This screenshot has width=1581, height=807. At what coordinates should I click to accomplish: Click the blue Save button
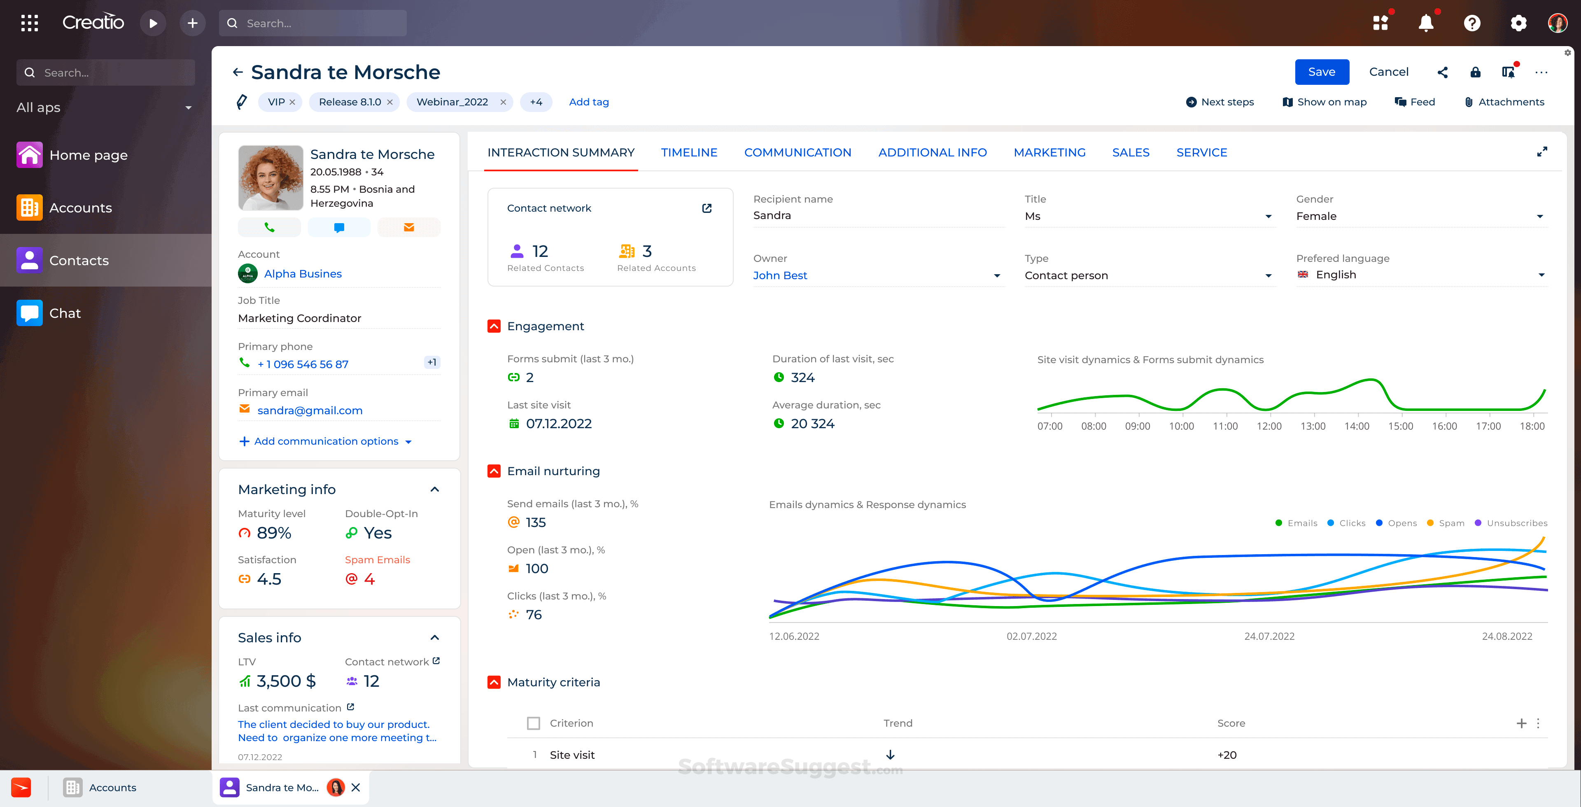coord(1321,72)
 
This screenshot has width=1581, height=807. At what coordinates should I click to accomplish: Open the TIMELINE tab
coord(689,152)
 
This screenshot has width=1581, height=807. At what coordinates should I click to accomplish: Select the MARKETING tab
coord(1049,152)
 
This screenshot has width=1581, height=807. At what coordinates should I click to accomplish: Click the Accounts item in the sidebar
coord(80,208)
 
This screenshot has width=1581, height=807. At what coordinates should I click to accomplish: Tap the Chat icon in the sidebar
coord(30,313)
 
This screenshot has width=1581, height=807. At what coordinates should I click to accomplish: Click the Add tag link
coord(589,102)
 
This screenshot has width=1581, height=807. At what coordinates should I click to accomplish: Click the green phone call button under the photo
coord(269,227)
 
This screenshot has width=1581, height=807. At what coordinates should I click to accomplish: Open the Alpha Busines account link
coord(303,274)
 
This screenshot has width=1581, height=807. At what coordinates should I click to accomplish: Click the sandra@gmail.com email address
coord(310,410)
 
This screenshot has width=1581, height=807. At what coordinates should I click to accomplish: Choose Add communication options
coord(326,441)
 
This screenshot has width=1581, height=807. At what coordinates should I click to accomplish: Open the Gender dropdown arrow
coord(1539,216)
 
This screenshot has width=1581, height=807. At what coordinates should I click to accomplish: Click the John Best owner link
coord(779,275)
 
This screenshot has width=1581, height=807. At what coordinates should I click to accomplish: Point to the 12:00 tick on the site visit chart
coord(1269,426)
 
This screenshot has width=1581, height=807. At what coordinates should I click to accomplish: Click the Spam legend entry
coord(1447,523)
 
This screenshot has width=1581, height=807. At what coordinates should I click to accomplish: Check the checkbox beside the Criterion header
coord(533,723)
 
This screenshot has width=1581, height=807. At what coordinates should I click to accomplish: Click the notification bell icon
coord(1426,23)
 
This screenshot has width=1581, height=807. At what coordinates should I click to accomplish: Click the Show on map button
coord(1324,102)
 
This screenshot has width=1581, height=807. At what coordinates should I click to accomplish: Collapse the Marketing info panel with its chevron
coord(434,489)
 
